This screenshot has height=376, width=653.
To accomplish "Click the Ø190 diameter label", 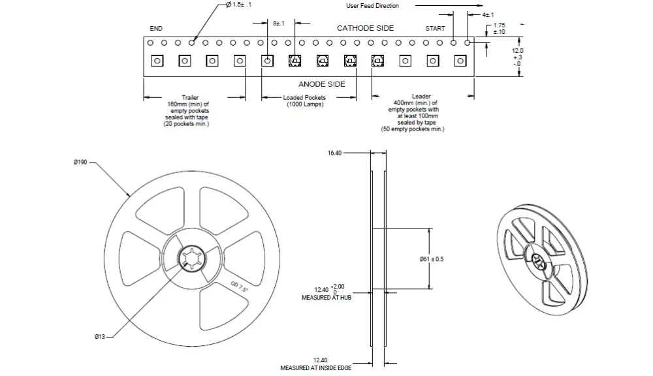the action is [80, 162].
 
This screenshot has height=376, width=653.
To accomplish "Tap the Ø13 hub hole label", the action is [99, 336].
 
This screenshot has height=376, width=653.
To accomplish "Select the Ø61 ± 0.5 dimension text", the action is [432, 259].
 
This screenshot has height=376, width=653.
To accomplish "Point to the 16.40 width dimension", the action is [334, 153].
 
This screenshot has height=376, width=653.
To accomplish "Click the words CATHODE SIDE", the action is [365, 28].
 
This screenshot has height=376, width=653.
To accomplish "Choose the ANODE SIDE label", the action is [321, 84].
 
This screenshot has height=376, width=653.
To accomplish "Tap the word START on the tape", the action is [435, 28].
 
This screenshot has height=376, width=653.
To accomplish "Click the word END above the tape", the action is [156, 28].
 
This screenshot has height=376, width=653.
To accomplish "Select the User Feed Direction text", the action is [372, 5].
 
